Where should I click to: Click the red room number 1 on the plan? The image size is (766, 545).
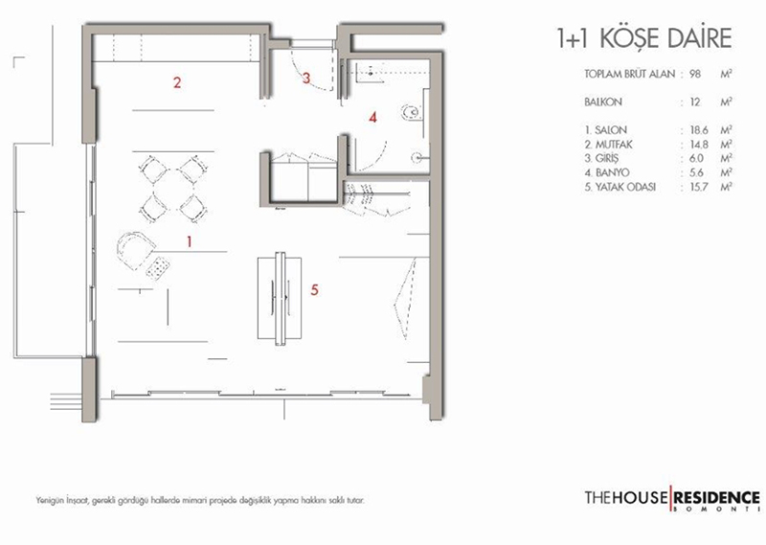click(190, 241)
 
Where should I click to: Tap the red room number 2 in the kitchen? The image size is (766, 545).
click(177, 82)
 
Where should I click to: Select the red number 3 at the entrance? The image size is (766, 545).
click(306, 78)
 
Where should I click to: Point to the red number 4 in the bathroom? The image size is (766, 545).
click(372, 117)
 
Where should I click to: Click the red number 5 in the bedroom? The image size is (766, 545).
click(315, 290)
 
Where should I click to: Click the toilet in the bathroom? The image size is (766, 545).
click(410, 113)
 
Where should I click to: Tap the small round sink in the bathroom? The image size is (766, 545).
click(417, 157)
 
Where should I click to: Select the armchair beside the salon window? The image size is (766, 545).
click(134, 249)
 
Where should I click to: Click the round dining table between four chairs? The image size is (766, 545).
click(173, 186)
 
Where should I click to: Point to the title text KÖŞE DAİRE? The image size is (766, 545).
click(665, 37)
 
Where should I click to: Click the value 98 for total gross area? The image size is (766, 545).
click(695, 75)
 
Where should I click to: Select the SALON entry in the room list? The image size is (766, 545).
click(611, 130)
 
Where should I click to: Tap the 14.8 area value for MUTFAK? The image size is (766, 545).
click(699, 145)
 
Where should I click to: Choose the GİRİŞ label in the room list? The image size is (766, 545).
click(607, 158)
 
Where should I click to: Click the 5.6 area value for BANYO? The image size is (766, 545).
click(697, 172)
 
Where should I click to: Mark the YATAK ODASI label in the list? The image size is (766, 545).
click(625, 187)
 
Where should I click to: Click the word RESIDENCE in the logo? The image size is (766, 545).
click(716, 497)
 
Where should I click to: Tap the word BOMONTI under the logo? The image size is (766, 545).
click(716, 510)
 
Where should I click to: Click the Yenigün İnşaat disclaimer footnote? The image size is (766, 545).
click(200, 501)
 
